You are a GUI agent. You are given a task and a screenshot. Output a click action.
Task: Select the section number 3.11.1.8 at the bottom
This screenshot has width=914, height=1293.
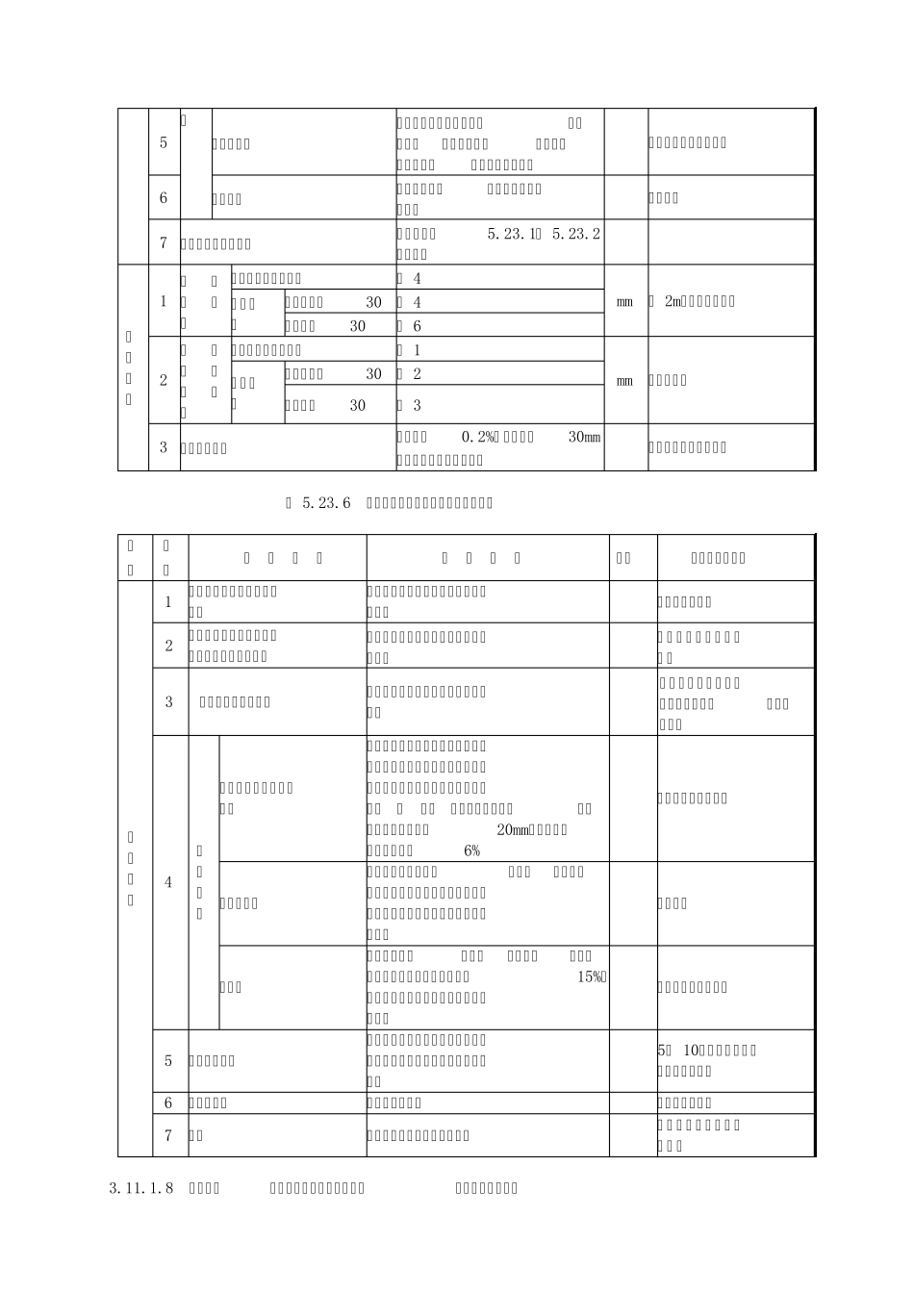141,1188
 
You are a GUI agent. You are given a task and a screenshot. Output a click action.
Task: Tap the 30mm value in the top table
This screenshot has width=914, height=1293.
585,437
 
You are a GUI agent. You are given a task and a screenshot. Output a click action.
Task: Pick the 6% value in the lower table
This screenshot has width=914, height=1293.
471,850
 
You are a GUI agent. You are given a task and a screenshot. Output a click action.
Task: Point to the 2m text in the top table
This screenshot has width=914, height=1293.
672,301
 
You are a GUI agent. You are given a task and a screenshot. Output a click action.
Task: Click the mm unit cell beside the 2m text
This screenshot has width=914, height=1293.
625,301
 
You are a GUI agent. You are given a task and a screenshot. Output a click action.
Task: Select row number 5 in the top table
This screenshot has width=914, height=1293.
164,142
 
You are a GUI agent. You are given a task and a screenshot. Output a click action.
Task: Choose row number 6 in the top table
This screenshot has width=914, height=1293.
164,198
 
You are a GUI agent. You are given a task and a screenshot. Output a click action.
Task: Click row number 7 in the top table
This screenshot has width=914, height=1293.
164,243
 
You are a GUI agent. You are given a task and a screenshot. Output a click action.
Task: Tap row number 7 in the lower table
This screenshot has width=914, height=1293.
168,1135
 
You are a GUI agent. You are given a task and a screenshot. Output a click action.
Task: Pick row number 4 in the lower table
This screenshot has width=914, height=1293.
168,882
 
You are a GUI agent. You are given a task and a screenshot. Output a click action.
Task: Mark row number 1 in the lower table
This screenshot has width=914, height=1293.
168,602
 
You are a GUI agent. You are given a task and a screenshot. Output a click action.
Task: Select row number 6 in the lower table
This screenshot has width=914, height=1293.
168,1103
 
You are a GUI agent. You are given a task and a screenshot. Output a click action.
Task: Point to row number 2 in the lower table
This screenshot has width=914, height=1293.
168,646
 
